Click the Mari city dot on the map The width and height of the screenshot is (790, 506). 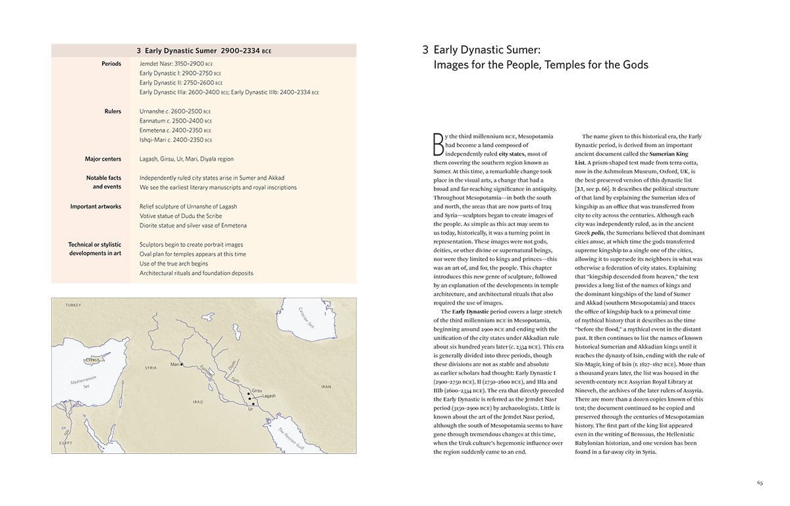(181, 365)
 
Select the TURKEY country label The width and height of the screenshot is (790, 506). (72, 305)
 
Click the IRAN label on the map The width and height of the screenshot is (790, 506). (326, 387)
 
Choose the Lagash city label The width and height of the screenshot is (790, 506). (269, 396)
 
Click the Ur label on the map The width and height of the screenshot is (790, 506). (251, 409)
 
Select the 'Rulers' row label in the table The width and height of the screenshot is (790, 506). (112, 111)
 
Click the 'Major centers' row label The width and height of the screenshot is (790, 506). (103, 159)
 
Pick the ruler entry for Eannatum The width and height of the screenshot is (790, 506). (176, 121)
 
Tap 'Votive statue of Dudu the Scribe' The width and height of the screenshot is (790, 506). (180, 216)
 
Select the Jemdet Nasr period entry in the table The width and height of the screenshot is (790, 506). (176, 64)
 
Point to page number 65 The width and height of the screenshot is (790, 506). (760, 483)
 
